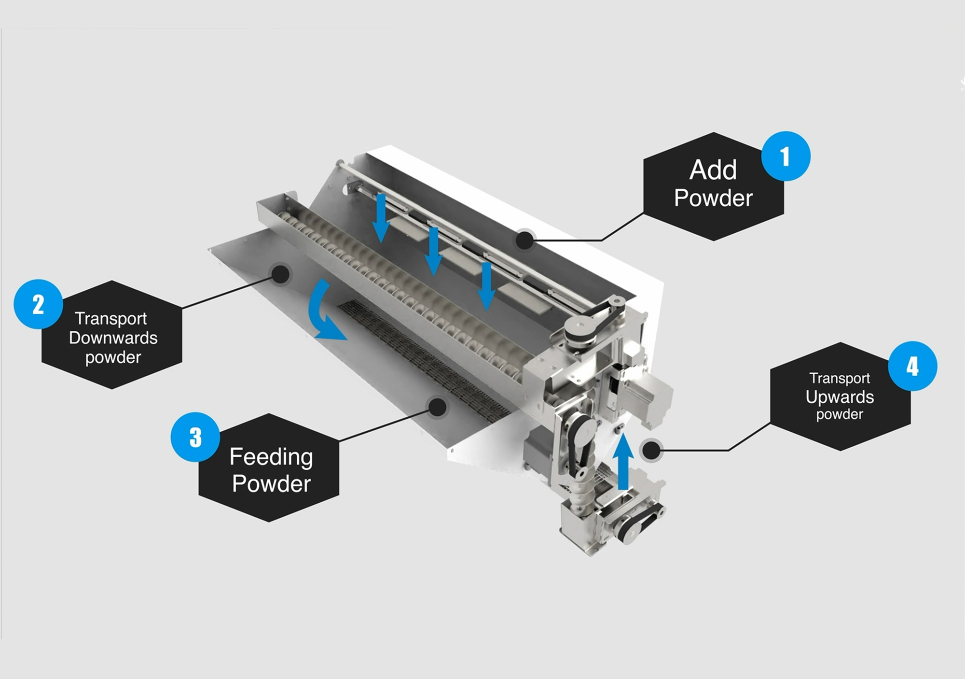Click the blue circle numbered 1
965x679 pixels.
786,156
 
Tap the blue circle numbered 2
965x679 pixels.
38,304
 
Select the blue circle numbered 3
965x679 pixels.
195,437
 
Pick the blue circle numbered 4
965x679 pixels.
912,366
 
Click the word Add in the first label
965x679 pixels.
713,170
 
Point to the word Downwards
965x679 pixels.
113,338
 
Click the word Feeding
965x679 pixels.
271,457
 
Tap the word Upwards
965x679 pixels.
840,397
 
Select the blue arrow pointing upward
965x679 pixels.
623,462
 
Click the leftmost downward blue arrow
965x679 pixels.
381,218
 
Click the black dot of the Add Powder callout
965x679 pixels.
524,240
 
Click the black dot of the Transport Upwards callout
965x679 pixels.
652,450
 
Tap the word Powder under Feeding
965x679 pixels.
271,484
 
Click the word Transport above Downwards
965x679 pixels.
111,319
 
